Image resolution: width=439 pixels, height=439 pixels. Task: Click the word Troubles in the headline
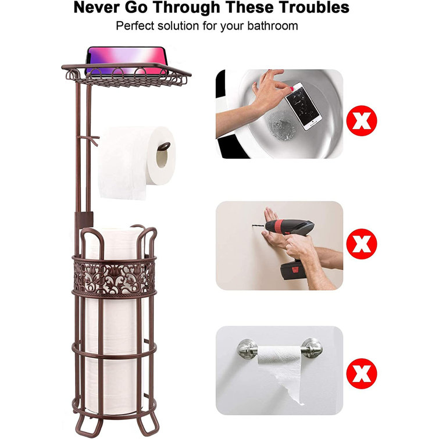[x=312, y=8]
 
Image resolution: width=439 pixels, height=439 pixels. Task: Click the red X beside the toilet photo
[x=362, y=121]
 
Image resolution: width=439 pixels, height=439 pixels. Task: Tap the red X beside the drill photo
[x=362, y=244]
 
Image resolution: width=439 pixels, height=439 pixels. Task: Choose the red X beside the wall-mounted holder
[x=362, y=372]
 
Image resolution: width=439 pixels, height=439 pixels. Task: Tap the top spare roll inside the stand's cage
[x=116, y=238]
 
